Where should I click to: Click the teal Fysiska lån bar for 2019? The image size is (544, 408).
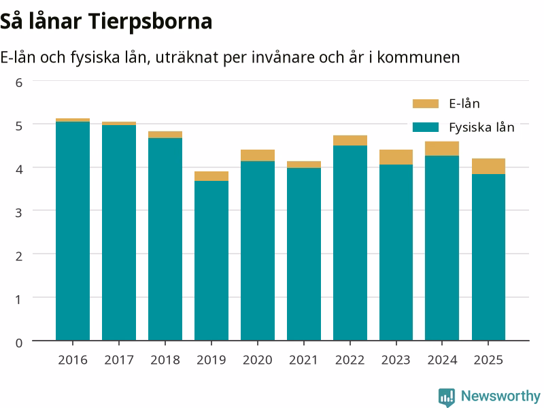(211, 260)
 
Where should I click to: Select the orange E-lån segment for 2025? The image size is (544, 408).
(488, 166)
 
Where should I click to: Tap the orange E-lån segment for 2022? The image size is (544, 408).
(350, 141)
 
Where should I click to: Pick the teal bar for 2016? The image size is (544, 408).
(73, 231)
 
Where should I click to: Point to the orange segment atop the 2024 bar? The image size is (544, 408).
(442, 148)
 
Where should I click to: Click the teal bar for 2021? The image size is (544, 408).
(304, 254)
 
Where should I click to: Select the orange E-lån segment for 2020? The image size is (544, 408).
(258, 156)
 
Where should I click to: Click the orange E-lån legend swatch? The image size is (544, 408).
(426, 104)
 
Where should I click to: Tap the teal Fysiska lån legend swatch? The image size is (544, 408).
(426, 127)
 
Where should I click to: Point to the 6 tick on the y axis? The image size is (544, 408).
(19, 82)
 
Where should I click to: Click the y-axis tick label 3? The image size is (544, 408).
(19, 212)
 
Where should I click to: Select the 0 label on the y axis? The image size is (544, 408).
(19, 343)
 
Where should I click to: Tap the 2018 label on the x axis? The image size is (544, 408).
(165, 360)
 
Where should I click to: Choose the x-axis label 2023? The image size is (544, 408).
(396, 360)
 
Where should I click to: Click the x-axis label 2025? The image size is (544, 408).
(488, 360)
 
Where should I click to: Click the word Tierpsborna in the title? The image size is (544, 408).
(152, 22)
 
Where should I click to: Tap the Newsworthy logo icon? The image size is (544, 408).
(447, 397)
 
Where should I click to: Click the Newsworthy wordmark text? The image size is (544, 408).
(500, 396)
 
